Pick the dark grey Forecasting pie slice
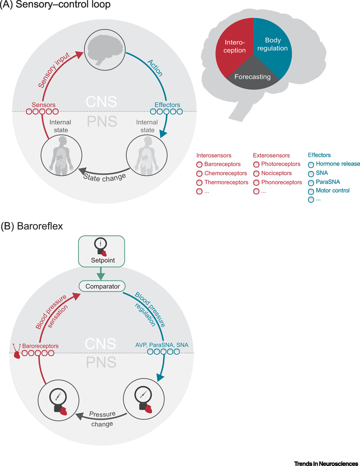[x=253, y=76]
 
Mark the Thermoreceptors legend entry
[x=225, y=182]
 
